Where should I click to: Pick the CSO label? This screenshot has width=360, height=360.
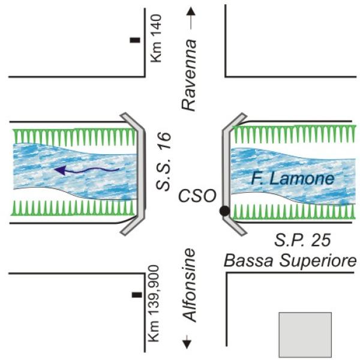197,196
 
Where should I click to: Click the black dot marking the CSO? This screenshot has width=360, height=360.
224,211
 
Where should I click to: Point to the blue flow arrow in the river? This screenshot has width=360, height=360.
84,171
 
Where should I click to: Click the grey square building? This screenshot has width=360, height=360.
305,334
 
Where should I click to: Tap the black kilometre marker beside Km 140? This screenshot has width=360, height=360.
135,40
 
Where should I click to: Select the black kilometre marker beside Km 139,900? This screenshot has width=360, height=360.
137,295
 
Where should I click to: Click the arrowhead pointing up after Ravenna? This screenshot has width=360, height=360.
190,11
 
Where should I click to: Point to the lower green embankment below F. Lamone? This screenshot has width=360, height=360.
294,211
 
